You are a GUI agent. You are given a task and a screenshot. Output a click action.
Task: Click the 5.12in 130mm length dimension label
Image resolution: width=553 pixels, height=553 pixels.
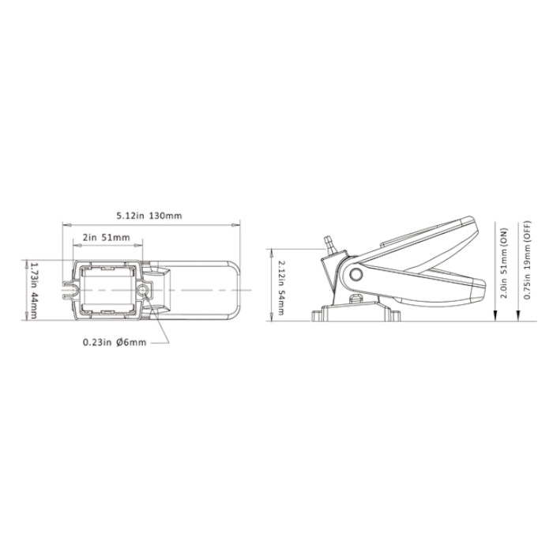(149, 216)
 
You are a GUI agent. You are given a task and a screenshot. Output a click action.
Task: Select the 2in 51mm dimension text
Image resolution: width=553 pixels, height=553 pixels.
(106, 237)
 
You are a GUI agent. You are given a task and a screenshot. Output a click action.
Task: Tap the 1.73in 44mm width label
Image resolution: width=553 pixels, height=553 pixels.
(34, 290)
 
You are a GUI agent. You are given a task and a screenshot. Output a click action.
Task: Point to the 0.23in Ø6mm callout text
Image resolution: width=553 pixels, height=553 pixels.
(115, 342)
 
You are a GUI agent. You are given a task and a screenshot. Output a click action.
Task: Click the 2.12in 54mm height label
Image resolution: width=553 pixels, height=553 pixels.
(281, 288)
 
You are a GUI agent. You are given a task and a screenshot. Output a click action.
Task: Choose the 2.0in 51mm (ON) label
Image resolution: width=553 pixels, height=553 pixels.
(505, 263)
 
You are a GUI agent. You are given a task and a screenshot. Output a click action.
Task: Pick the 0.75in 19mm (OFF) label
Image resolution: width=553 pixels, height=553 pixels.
(527, 260)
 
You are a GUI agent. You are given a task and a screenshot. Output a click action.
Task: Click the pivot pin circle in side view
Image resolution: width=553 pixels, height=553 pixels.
(355, 273)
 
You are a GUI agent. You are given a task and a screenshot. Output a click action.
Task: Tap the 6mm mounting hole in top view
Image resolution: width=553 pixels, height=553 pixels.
(142, 290)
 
